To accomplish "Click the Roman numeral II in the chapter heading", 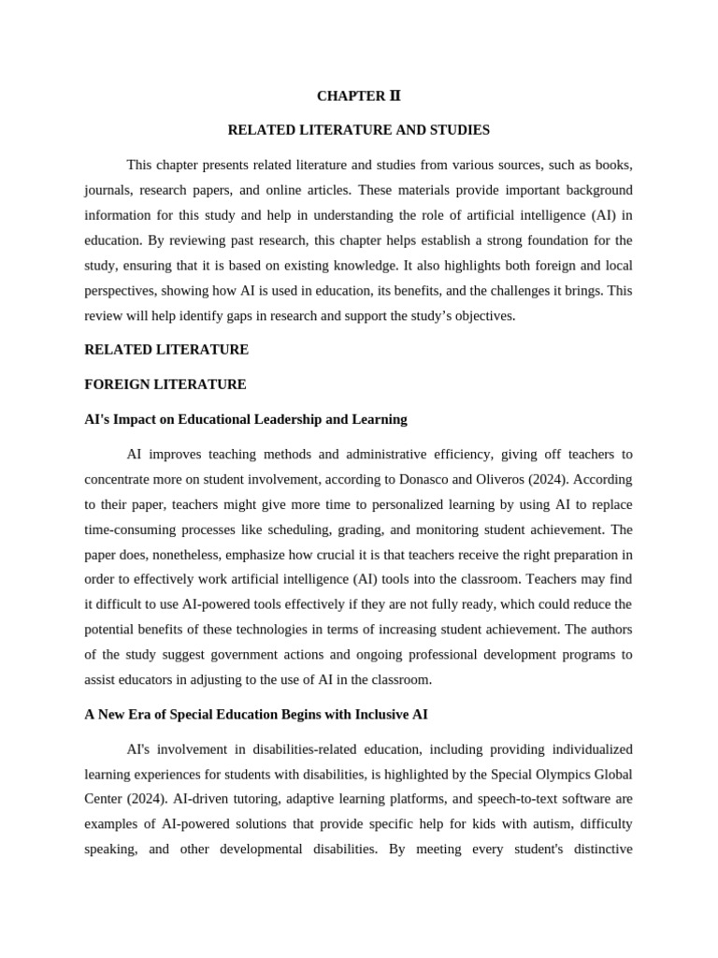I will click(394, 95).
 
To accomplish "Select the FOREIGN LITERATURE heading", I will click(165, 384).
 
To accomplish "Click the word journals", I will click(107, 190).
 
